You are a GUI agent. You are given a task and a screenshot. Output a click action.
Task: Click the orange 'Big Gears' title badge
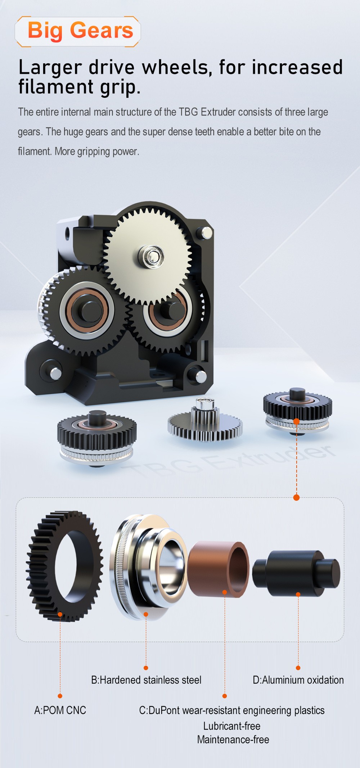tap(78, 31)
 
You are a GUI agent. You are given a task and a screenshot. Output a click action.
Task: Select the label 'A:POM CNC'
tap(60, 710)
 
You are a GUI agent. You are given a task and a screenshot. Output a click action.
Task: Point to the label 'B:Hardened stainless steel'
tap(146, 680)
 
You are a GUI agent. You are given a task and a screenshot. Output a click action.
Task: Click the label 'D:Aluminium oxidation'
tap(298, 680)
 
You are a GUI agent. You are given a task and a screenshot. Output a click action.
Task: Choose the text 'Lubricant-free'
tap(232, 726)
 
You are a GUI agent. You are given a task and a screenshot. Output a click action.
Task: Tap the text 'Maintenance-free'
tap(233, 740)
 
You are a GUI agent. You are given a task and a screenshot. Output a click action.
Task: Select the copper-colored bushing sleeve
tap(219, 569)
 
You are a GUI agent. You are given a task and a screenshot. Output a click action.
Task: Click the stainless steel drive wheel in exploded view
tap(144, 569)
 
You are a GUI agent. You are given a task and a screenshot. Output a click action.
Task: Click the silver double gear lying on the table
tap(205, 423)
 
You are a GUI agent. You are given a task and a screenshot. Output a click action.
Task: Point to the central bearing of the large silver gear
tap(153, 256)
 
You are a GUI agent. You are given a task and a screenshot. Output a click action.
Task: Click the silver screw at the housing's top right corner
tap(206, 232)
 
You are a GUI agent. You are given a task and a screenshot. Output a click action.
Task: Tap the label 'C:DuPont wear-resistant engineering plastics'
tap(232, 710)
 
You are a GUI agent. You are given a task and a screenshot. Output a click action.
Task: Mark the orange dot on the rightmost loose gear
tap(296, 421)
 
